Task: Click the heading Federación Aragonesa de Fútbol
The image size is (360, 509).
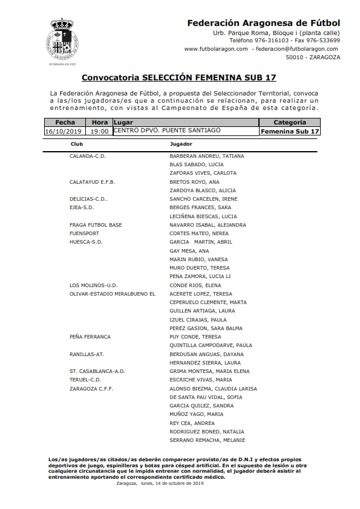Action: (264, 23)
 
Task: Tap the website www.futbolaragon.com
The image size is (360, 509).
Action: (216, 49)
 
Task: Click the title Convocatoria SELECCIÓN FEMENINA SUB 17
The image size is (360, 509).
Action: (179, 77)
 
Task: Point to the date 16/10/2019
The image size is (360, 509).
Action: (63, 131)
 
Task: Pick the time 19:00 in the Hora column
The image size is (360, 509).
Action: (100, 131)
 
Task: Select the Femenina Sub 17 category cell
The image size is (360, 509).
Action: (290, 131)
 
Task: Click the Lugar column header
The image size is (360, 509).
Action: (123, 122)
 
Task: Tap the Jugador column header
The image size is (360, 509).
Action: (182, 144)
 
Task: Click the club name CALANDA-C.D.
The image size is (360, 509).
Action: (88, 156)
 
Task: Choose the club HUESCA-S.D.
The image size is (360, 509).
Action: (86, 242)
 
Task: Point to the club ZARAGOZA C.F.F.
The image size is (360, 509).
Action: (91, 389)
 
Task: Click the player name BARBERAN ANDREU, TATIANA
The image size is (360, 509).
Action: (207, 156)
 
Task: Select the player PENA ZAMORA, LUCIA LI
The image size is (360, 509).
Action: (200, 276)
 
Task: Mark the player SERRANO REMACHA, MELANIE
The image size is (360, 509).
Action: (208, 440)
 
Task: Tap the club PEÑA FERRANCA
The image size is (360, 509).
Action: (90, 337)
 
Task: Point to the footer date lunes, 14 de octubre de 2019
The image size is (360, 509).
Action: (182, 484)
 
